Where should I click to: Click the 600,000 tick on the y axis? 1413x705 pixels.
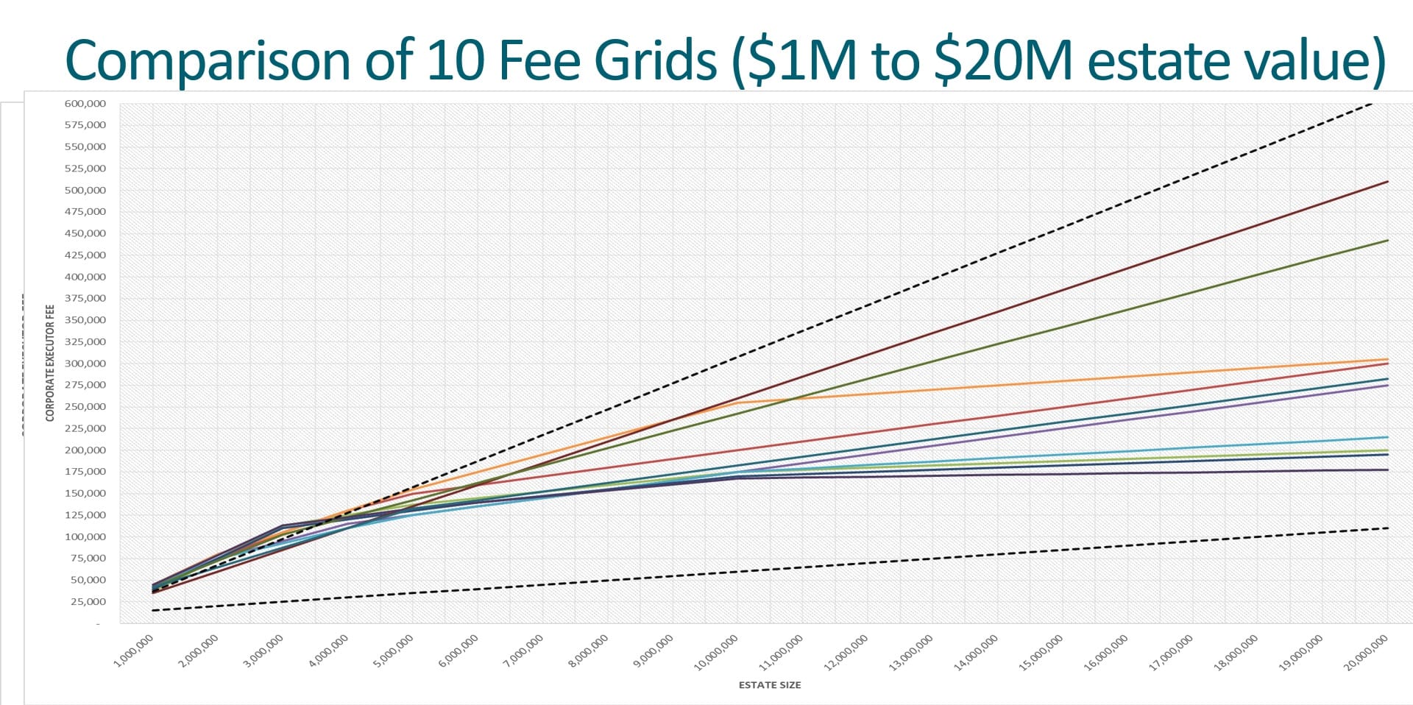coord(85,104)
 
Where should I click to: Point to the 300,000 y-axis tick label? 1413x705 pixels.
coord(85,364)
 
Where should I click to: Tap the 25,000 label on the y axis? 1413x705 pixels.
coord(88,602)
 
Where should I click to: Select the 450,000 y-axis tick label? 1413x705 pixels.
coord(85,233)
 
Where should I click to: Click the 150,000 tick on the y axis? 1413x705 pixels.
coord(85,494)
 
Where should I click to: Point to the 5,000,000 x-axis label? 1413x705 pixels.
coord(393,652)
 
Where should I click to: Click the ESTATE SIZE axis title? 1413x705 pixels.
coord(769,685)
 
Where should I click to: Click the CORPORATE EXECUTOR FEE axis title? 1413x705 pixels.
coord(50,363)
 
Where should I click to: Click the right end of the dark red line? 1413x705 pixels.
coord(1387,182)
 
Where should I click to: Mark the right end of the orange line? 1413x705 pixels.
coord(1387,359)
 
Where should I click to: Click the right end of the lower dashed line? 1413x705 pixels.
coord(1387,528)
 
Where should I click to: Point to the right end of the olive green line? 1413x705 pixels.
coord(1387,241)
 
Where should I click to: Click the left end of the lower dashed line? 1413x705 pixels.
coord(152,610)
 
